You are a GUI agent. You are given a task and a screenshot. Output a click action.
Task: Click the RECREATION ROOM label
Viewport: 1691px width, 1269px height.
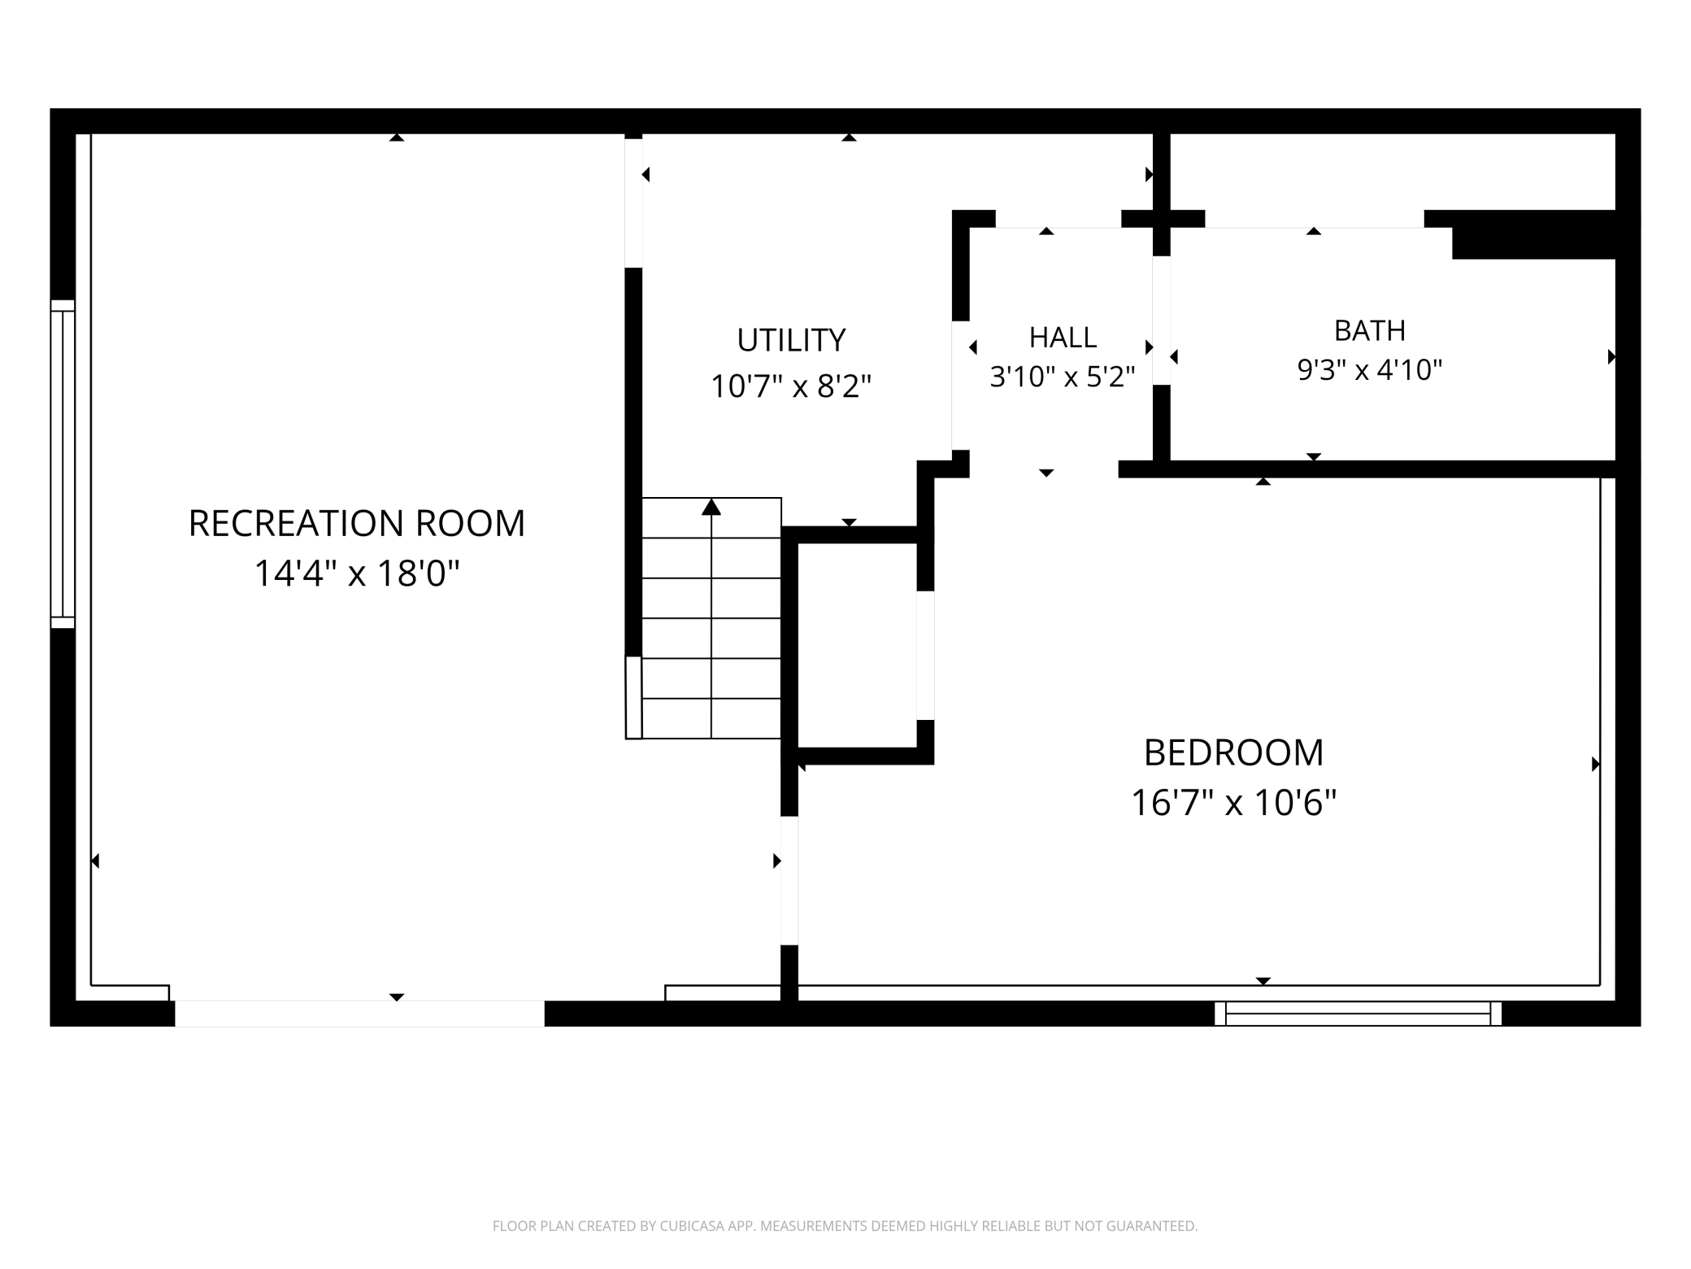[x=357, y=523]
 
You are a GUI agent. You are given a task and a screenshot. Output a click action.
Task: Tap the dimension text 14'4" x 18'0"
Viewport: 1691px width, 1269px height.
[x=357, y=573]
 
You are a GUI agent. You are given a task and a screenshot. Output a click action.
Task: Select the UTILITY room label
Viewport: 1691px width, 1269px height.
[x=791, y=340]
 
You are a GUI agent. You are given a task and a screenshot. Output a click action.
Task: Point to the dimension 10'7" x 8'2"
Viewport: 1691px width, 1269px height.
[x=791, y=386]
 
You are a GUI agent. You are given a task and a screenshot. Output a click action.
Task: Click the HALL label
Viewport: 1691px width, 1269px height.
[x=1063, y=337]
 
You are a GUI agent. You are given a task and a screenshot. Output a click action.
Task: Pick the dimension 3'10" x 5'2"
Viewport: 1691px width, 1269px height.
[x=1062, y=376]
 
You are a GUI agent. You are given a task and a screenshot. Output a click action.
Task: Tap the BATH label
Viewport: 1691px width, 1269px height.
[x=1370, y=330]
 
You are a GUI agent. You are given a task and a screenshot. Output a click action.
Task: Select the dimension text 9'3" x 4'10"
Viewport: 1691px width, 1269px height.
[x=1369, y=369]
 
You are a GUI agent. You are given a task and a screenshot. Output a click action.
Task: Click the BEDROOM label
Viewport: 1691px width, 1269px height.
[x=1233, y=752]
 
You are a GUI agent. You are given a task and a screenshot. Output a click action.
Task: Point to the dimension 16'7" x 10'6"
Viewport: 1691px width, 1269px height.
[x=1233, y=802]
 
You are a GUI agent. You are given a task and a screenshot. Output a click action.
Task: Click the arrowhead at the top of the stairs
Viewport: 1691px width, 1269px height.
[x=711, y=507]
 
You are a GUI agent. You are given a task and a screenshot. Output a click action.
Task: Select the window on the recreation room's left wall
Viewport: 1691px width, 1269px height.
[x=63, y=464]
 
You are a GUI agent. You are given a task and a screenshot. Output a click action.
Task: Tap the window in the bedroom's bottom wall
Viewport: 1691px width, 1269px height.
[x=1358, y=1014]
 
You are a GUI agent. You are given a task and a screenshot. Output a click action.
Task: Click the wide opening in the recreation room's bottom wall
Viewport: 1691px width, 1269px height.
[x=359, y=1014]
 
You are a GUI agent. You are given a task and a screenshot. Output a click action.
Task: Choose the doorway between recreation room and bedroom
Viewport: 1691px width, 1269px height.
[x=789, y=881]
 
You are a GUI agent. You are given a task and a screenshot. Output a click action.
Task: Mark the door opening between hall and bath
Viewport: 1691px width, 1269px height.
[x=1162, y=321]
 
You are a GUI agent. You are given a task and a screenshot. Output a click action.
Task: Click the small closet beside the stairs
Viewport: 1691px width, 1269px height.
[x=857, y=645]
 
